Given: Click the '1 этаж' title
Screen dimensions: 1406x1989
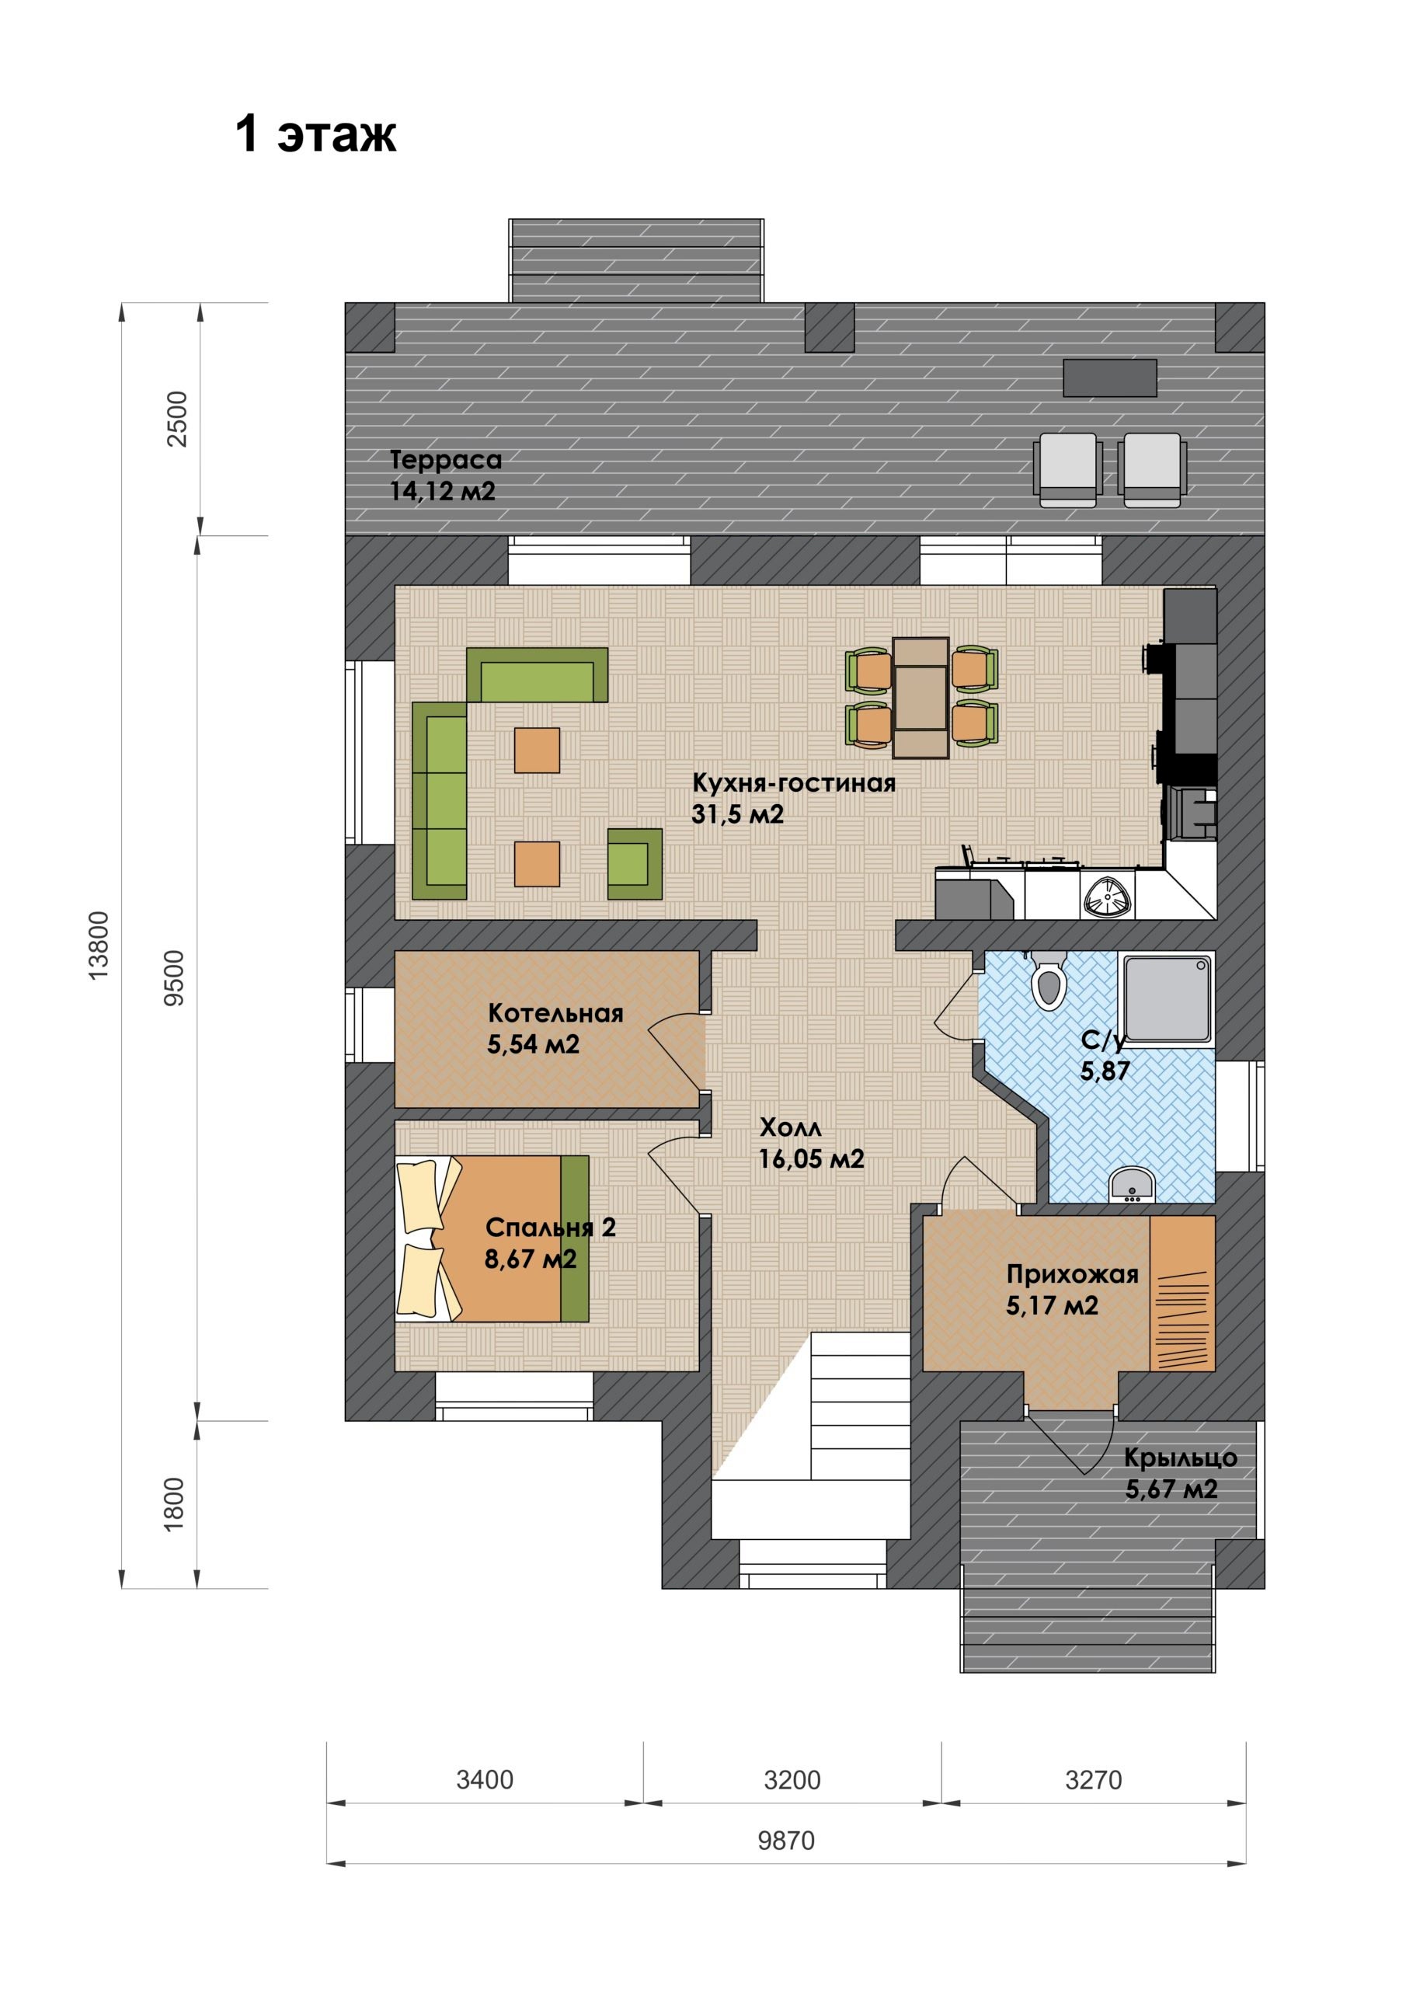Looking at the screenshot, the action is (x=316, y=134).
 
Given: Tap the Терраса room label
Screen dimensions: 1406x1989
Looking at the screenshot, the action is (x=445, y=459).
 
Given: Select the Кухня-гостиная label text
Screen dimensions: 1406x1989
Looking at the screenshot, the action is (x=794, y=783).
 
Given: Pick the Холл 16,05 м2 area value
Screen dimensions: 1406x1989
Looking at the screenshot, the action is (x=811, y=1159).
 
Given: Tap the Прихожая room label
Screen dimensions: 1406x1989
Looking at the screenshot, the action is (x=1073, y=1273).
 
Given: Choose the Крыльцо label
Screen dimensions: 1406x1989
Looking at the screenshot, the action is (x=1180, y=1458).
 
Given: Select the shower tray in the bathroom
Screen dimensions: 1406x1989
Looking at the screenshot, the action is (x=1166, y=997).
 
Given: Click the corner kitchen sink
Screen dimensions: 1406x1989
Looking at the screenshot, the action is (x=1107, y=895).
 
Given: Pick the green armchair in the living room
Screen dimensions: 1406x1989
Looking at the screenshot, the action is (x=635, y=864).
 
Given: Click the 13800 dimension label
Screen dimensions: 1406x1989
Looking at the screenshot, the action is (x=99, y=945).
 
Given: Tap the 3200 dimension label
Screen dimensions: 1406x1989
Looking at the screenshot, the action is (x=792, y=1779).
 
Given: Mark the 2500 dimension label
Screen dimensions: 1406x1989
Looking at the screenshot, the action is (x=177, y=420).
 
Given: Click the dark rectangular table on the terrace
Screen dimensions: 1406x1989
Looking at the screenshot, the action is (x=1110, y=378).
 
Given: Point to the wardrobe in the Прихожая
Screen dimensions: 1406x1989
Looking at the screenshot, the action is (x=1182, y=1294).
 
